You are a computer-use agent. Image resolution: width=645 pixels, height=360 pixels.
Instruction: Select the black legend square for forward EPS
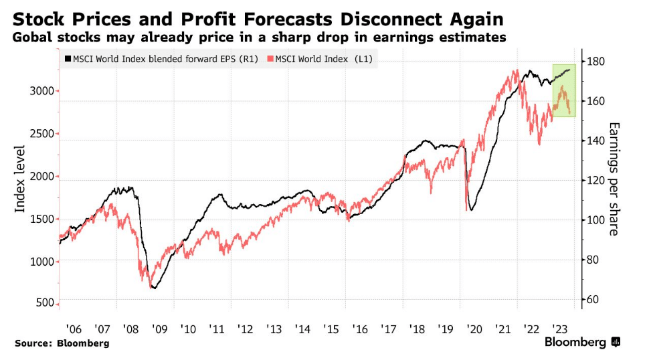pyautogui.click(x=68, y=60)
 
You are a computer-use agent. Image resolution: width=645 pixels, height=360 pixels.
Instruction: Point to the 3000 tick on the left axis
pyautogui.click(x=41, y=91)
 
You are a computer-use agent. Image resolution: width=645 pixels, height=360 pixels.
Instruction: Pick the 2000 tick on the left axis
pyautogui.click(x=41, y=177)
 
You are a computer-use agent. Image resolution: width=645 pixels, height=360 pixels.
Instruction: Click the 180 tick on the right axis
pyautogui.click(x=597, y=62)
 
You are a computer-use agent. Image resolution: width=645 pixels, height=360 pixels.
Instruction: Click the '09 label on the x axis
pyautogui.click(x=159, y=329)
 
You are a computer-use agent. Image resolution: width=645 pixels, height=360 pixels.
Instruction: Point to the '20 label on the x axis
pyautogui.click(x=475, y=329)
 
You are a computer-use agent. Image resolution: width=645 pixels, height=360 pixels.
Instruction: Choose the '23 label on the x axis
pyautogui.click(x=561, y=329)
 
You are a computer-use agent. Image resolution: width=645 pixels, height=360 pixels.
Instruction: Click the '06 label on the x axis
pyautogui.click(x=74, y=329)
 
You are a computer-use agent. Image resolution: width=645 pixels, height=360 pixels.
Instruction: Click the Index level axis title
pyautogui.click(x=21, y=179)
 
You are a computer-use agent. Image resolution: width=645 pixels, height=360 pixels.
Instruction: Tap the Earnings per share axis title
pyautogui.click(x=614, y=179)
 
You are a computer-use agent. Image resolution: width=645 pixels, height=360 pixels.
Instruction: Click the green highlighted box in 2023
pyautogui.click(x=564, y=90)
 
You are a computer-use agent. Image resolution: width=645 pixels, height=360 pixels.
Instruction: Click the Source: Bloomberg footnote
pyautogui.click(x=62, y=343)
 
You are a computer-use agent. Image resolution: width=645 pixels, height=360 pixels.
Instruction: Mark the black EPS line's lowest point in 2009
pyautogui.click(x=154, y=288)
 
